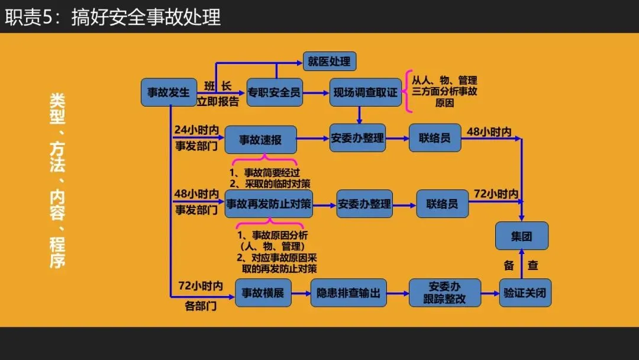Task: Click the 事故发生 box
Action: pyautogui.click(x=169, y=92)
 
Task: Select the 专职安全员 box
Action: pyautogui.click(x=275, y=92)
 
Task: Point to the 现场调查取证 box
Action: pyautogui.click(x=365, y=92)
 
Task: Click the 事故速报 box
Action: pyautogui.click(x=260, y=140)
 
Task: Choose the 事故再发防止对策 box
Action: pyautogui.click(x=269, y=204)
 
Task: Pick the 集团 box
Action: pyautogui.click(x=521, y=236)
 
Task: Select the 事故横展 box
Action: pyautogui.click(x=263, y=292)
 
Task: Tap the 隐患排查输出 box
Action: pyautogui.click(x=348, y=292)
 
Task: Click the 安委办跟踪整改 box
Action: pyautogui.click(x=444, y=292)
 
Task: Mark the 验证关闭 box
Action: pyautogui.click(x=525, y=292)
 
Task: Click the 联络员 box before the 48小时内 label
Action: pyautogui.click(x=435, y=138)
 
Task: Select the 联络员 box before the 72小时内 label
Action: pyautogui.click(x=442, y=204)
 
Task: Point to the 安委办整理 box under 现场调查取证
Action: pyautogui.click(x=357, y=138)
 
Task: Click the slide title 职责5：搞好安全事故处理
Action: pyautogui.click(x=112, y=17)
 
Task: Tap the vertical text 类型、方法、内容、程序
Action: pyautogui.click(x=57, y=180)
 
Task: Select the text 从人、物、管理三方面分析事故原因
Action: pyautogui.click(x=444, y=91)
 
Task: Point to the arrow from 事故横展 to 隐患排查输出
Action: pyautogui.click(x=301, y=292)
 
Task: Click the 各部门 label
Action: pyautogui.click(x=201, y=307)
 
